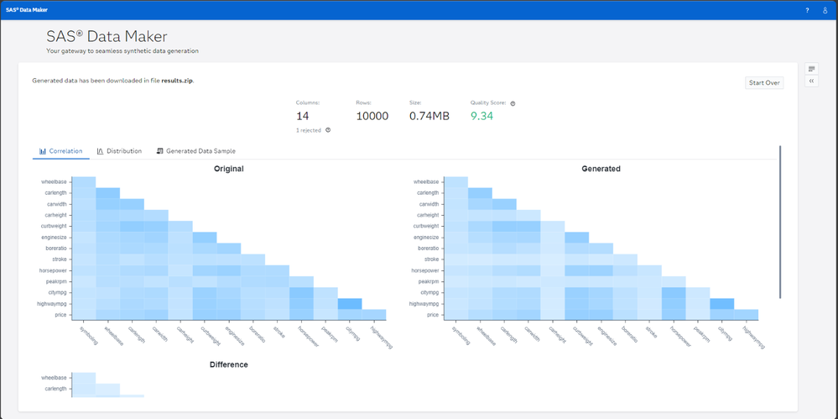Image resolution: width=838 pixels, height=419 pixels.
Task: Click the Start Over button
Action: pos(764,83)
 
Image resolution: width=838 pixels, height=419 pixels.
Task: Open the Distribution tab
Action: pos(119,151)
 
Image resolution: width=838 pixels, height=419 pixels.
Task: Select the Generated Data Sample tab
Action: pos(195,151)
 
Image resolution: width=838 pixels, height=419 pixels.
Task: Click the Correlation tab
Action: pos(61,151)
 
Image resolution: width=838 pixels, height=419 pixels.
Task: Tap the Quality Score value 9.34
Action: pos(481,116)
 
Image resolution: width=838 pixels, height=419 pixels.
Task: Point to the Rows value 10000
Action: pos(372,116)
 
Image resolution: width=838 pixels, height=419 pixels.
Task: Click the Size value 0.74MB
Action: pos(429,116)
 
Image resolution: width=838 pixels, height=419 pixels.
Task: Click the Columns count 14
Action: pos(303,116)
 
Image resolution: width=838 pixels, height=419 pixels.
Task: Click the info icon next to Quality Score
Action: pos(513,103)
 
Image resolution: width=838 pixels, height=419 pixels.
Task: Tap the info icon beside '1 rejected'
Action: pos(327,130)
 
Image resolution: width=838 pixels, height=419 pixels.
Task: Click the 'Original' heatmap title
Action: pos(228,169)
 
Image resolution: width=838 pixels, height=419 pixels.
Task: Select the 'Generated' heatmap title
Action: pos(601,169)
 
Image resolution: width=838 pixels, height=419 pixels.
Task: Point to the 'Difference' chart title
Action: pos(228,364)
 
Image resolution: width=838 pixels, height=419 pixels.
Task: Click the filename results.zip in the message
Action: pos(177,81)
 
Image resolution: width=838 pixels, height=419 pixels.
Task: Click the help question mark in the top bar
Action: pos(807,10)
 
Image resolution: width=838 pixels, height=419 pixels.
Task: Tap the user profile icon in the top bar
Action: pos(825,10)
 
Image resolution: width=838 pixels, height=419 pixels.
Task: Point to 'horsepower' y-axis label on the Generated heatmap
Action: pos(426,270)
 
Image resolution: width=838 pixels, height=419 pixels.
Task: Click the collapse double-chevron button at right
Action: pos(811,81)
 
